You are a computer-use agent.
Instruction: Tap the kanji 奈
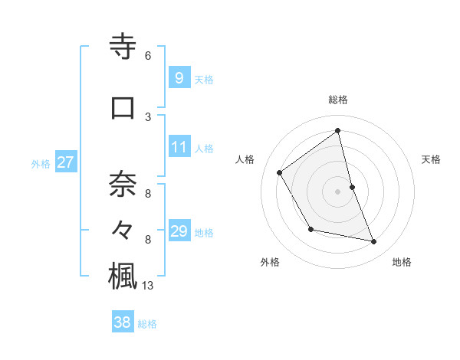coord(123,184)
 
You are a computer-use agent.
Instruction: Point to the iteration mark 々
coord(123,229)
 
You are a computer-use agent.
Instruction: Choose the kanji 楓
coord(123,275)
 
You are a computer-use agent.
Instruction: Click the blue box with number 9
coord(179,78)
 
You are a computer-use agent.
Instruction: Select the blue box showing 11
coord(179,147)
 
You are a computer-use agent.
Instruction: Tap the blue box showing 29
coord(179,231)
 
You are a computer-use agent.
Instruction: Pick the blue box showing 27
coord(65,162)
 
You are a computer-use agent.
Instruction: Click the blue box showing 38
coord(122,322)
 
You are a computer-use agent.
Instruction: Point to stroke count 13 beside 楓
coord(148,286)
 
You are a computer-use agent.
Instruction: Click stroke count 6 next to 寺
coord(147,56)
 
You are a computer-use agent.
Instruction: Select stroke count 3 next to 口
coord(147,116)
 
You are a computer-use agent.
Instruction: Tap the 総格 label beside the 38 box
coord(148,324)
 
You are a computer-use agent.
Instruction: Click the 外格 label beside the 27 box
coord(41,163)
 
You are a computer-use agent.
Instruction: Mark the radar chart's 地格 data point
coord(374,242)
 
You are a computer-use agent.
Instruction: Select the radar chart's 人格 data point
coord(280,172)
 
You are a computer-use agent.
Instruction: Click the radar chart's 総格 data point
coord(338,131)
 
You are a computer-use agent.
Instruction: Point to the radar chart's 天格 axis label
coord(431,159)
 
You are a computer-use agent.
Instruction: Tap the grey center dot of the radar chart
coord(338,191)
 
